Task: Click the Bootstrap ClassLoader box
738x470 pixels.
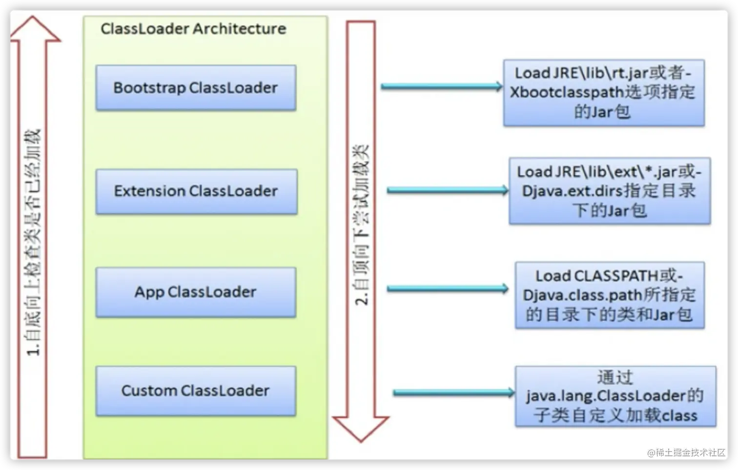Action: tap(196, 88)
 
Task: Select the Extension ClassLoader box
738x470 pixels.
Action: tap(196, 191)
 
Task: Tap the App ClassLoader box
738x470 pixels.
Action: tap(196, 292)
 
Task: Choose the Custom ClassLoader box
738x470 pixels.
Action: tap(196, 391)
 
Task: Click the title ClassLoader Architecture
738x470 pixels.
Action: tap(193, 29)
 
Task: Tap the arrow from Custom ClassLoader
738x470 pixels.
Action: tap(454, 392)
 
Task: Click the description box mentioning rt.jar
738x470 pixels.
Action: tap(604, 93)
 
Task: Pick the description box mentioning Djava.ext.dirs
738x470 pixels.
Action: tap(610, 191)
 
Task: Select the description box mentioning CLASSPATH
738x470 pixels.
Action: tap(610, 295)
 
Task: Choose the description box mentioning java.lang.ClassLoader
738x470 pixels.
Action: tap(615, 396)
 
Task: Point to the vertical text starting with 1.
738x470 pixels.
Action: tap(33, 242)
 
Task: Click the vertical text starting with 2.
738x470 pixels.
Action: tap(361, 225)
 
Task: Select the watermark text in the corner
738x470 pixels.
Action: tap(686, 452)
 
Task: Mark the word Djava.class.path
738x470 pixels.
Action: tap(582, 295)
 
